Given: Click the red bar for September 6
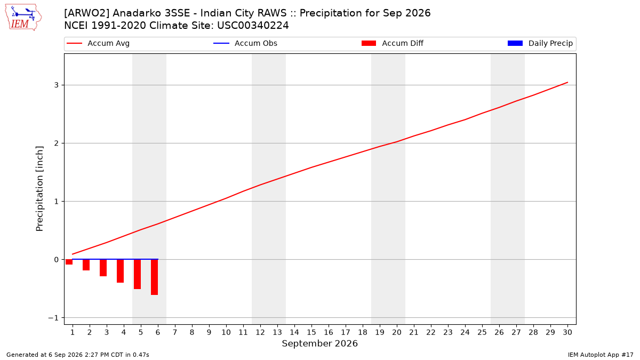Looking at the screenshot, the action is point(155,277).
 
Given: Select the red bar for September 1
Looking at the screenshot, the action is point(69,262).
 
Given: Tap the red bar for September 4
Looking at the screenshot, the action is point(121,271).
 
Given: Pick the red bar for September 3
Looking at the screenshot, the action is point(103,268).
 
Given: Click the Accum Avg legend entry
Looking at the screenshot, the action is point(98,43).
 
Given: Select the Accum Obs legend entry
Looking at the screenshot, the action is point(245,43).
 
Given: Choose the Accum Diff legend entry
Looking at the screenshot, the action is point(393,43).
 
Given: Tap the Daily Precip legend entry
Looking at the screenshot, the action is point(540,43).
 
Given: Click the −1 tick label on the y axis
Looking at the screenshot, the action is point(53,318).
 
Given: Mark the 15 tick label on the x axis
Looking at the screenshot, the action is point(311,332).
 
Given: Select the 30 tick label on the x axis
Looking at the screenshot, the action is point(567,332).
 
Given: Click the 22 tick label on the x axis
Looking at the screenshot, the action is point(431,332).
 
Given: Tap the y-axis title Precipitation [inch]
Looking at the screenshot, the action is point(39,189).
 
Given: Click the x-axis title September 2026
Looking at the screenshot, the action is point(319,343).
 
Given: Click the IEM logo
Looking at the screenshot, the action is point(23,18).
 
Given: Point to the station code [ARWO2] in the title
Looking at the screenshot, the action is point(86,13).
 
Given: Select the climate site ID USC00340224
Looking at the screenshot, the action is point(253,26).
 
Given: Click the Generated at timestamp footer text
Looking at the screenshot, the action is point(78,355).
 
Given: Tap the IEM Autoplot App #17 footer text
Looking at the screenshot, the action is point(601,355).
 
